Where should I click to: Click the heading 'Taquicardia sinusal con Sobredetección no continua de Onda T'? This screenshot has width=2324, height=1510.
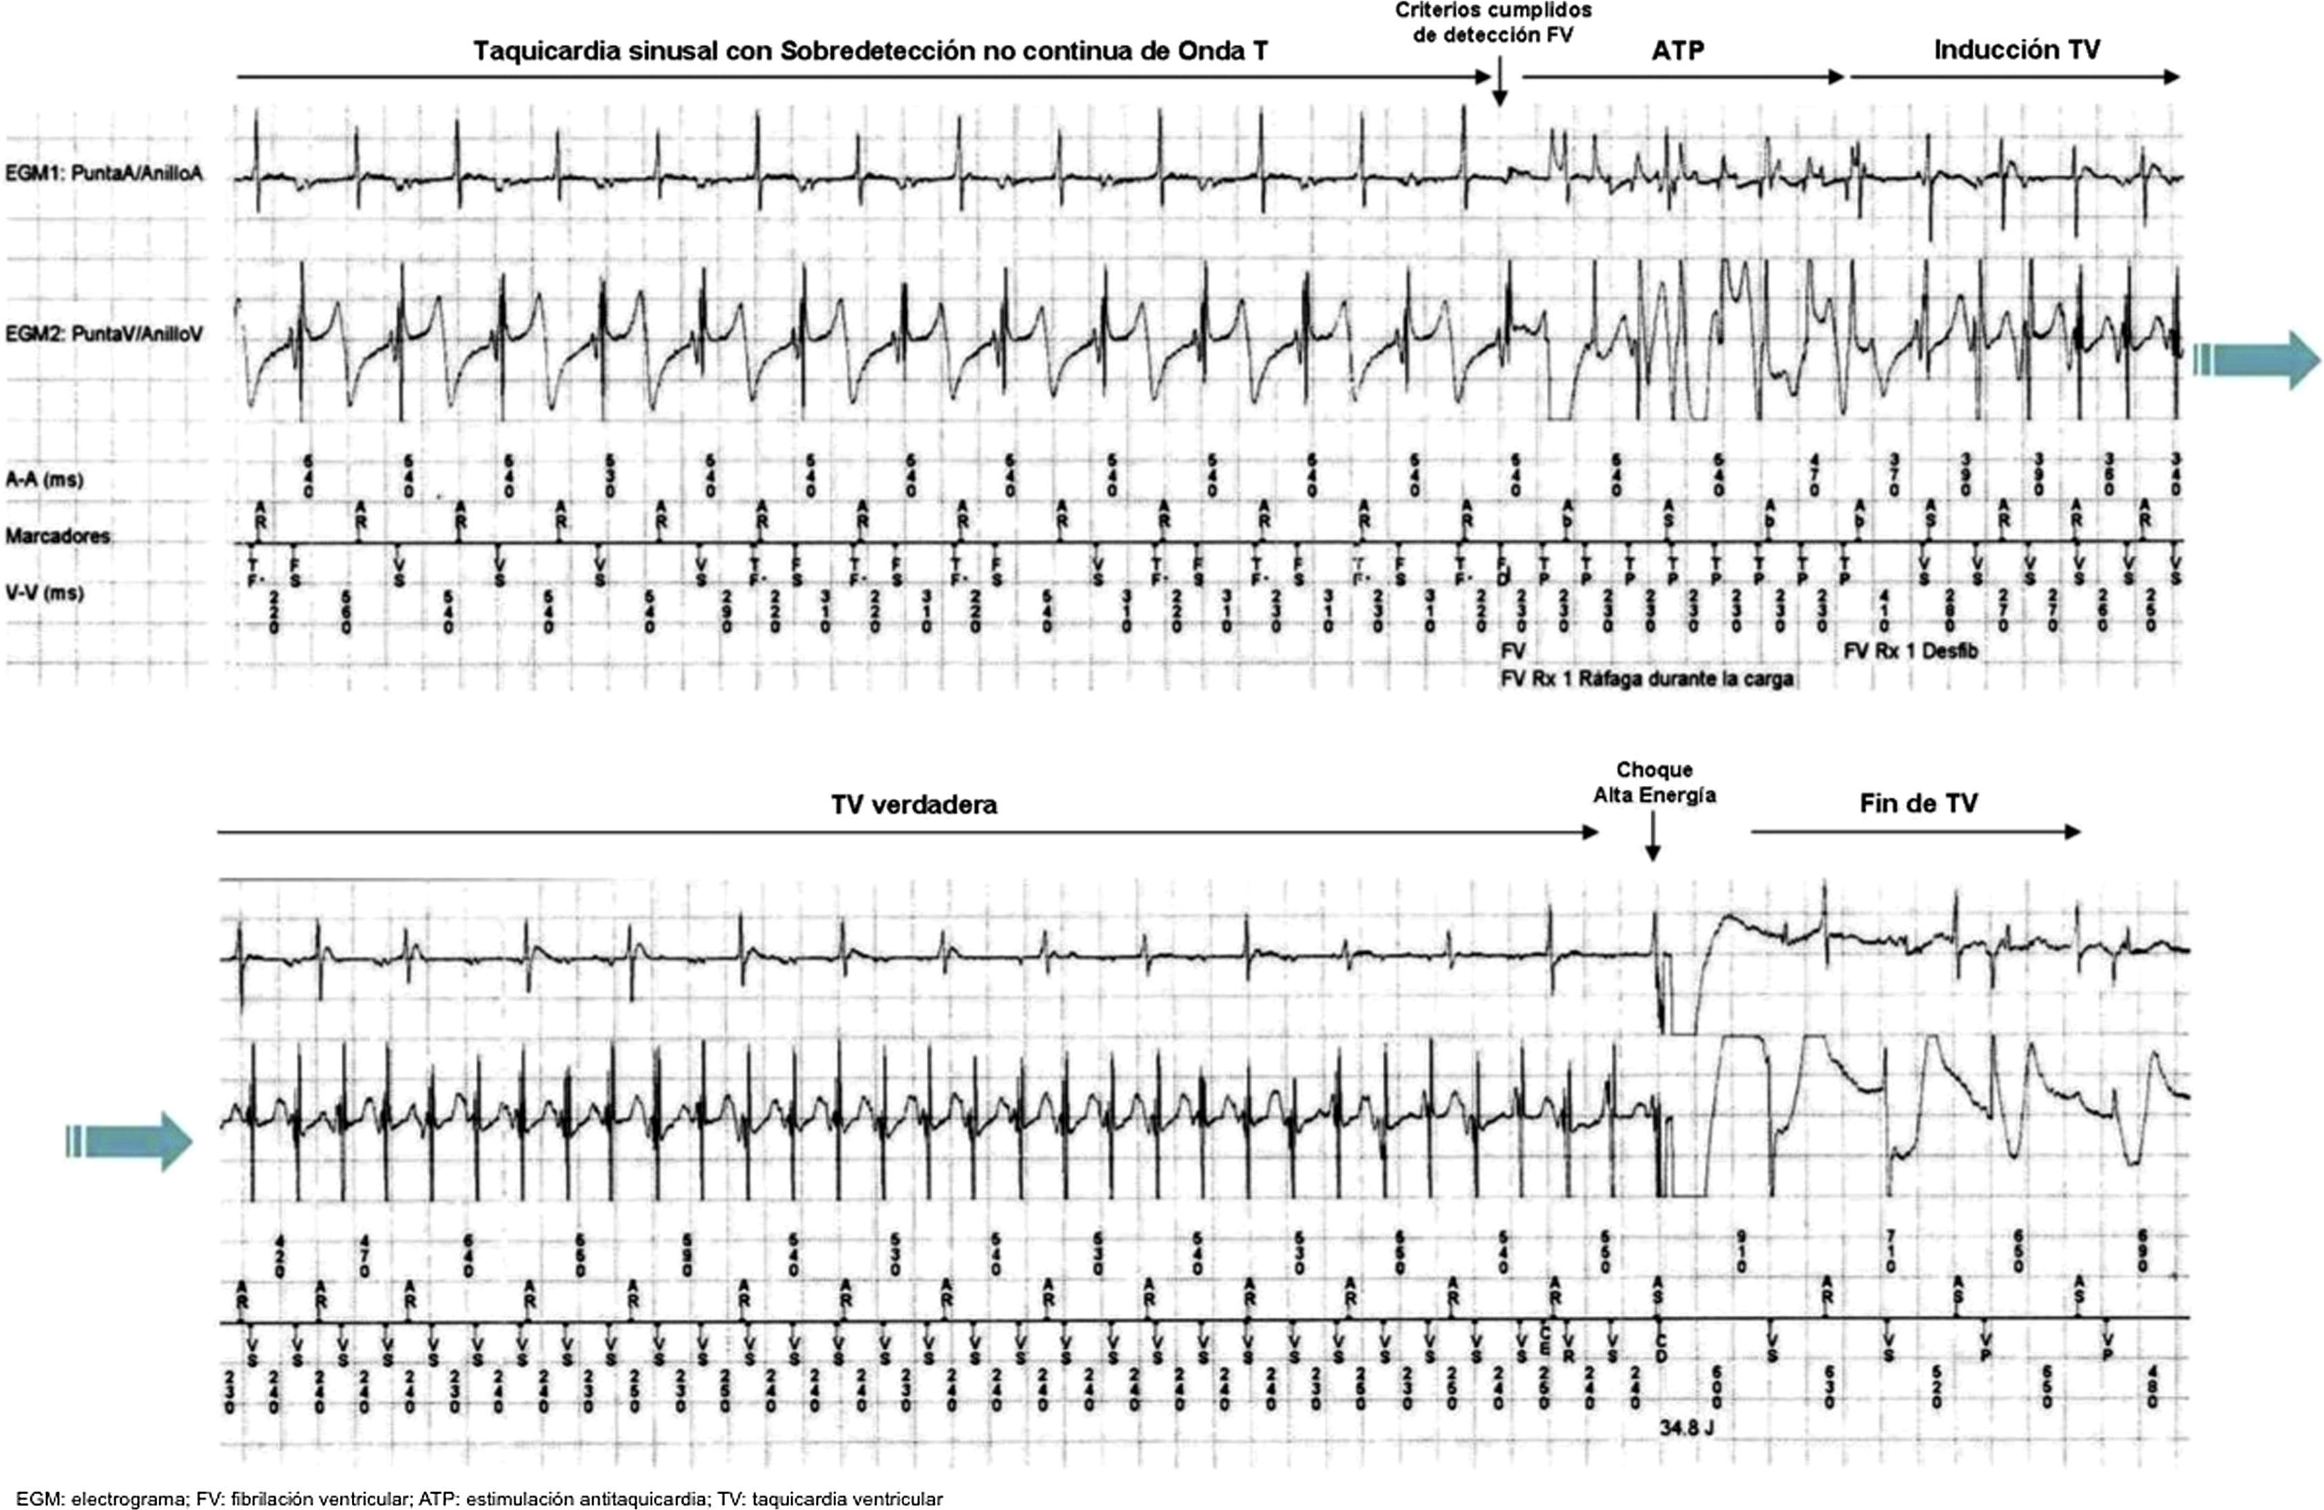871,51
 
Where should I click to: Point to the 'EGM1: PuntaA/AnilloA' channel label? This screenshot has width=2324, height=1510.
105,176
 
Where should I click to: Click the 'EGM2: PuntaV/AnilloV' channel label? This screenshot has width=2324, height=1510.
105,334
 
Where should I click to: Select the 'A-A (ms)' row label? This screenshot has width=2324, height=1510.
44,479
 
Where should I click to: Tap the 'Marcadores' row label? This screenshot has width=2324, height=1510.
56,536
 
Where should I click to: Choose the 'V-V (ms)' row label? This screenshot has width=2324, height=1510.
44,593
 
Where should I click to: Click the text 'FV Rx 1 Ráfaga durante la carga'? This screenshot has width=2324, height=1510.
1646,679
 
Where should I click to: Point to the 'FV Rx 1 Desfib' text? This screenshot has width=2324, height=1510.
1910,650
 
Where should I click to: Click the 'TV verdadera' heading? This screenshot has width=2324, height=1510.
914,805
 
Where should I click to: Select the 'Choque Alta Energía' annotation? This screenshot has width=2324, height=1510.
1654,783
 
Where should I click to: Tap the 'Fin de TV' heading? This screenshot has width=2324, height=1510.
1918,803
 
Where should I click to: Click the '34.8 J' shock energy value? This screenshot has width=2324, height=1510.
1686,1427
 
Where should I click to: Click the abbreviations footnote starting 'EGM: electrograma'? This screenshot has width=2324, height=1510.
479,1499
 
